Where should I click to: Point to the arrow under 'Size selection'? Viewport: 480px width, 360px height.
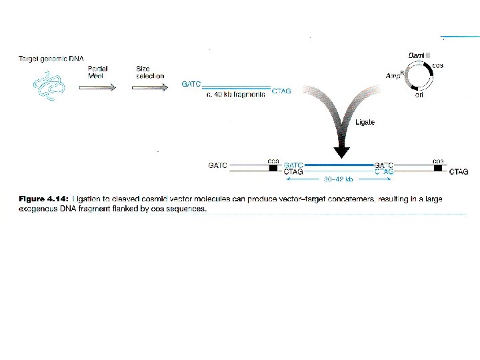(146, 85)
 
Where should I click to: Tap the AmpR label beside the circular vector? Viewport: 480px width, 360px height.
(397, 77)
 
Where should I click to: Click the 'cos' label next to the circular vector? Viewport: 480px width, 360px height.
(438, 65)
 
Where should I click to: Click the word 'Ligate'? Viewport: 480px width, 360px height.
(366, 122)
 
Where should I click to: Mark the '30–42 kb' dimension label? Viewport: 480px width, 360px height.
(338, 179)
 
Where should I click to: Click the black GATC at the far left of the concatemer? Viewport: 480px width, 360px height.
(217, 165)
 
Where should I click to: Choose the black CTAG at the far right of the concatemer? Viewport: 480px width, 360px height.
(459, 172)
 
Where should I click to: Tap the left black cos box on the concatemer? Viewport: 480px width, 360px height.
(273, 167)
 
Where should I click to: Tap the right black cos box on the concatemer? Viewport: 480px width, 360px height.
(438, 167)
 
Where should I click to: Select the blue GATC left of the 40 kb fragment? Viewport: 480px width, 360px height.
(190, 85)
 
